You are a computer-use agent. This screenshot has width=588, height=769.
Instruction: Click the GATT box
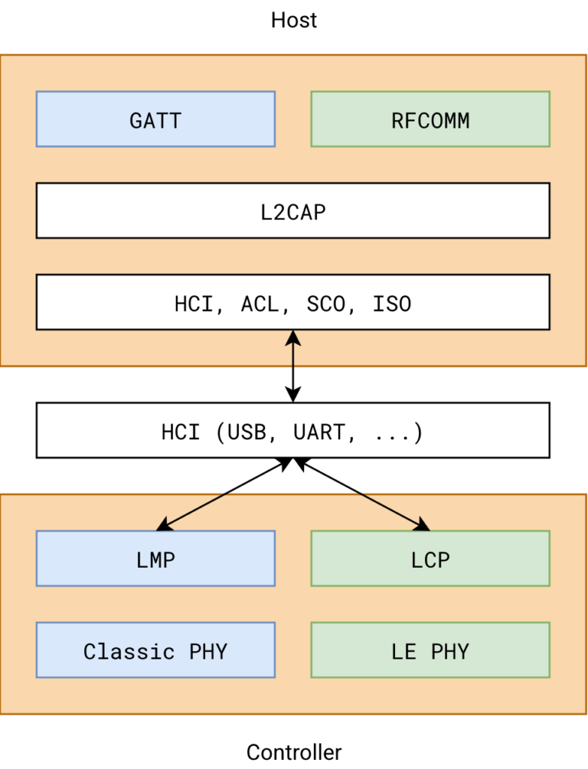[x=155, y=119]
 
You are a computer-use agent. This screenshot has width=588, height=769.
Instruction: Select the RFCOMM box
[x=430, y=119]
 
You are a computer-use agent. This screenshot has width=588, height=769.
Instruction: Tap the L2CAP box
[x=293, y=211]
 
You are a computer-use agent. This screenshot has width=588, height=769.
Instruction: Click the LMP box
[x=155, y=559]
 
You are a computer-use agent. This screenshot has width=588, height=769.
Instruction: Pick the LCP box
[x=430, y=559]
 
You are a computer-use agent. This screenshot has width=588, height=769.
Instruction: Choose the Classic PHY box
[x=155, y=650]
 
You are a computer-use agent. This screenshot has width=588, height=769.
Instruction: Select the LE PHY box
[x=430, y=650]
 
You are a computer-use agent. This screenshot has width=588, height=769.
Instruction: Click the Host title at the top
[x=294, y=20]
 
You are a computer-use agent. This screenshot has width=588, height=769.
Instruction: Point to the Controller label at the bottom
[x=294, y=752]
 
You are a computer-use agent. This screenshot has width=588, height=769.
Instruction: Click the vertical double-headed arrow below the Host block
[x=293, y=366]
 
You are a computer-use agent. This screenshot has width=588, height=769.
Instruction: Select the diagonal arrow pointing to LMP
[x=225, y=493]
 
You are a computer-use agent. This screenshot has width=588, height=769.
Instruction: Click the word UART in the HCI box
[x=319, y=432]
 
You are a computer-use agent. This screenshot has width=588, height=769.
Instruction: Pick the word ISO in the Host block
[x=392, y=303]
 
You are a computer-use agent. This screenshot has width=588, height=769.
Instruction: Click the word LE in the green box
[x=404, y=650]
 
